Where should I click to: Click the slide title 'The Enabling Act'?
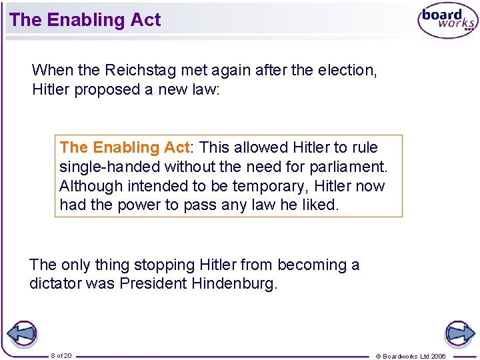tap(85, 20)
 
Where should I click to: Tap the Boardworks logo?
tap(447, 21)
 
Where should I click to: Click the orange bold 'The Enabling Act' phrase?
tap(125, 147)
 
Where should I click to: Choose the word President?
tap(153, 283)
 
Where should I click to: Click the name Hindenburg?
tap(233, 283)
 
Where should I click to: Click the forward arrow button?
tap(460, 333)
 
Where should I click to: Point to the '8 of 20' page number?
tap(61, 355)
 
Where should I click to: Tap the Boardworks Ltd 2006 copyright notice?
tap(411, 356)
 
